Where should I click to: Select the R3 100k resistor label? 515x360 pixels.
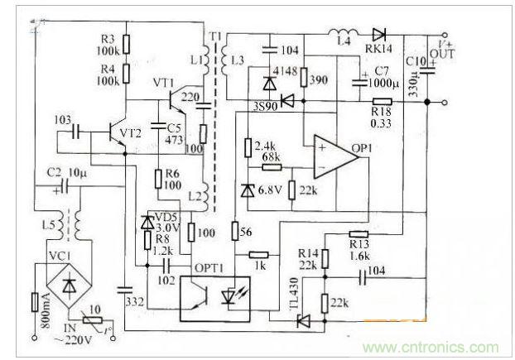point(109,45)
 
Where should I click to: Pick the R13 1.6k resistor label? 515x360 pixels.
point(358,249)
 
